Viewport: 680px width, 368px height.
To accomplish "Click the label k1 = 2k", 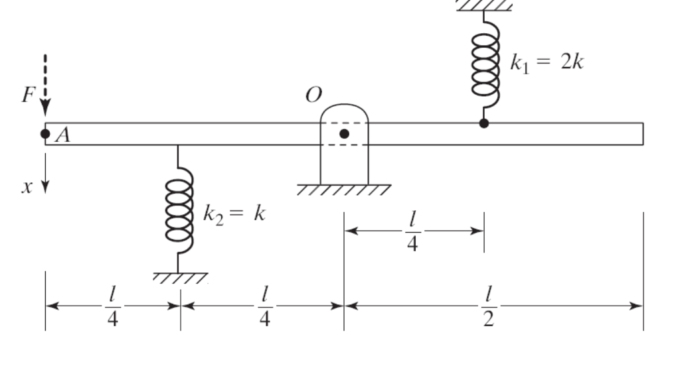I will point(547,63).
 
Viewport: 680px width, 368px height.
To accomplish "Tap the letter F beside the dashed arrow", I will point(27,95).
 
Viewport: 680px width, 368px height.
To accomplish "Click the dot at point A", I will point(45,134).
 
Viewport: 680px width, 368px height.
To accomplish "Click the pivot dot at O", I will point(344,134).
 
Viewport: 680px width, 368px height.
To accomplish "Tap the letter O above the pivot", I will point(313,95).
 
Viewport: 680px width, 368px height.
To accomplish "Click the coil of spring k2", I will point(179,213).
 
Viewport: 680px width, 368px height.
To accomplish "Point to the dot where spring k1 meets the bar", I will point(484,123).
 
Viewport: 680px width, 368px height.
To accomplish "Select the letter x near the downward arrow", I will point(27,187).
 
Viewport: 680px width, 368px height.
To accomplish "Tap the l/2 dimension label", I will point(489,307).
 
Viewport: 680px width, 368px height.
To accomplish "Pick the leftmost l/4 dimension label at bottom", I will point(112,307).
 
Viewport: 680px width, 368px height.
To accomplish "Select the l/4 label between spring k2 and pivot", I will point(264,307).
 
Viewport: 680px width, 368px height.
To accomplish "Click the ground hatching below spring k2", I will point(179,278).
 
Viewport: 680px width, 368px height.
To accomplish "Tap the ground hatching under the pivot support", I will point(344,190).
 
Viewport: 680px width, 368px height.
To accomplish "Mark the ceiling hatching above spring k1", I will point(484,5).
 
